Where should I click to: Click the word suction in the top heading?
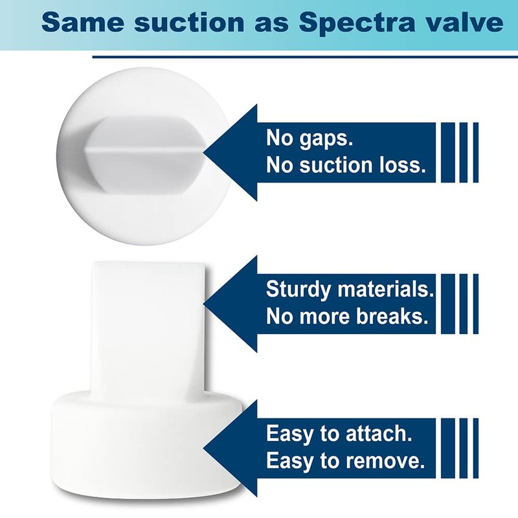pyautogui.click(x=188, y=23)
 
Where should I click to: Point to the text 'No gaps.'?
pyautogui.click(x=310, y=138)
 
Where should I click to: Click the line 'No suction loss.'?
pyautogui.click(x=346, y=165)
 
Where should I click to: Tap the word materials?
pyautogui.click(x=385, y=289)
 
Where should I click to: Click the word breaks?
pyautogui.click(x=392, y=316)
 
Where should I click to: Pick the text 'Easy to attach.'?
pyautogui.click(x=339, y=433)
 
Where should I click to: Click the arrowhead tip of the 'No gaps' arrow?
pyautogui.click(x=203, y=153)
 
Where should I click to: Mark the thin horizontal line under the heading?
pyautogui.click(x=305, y=57)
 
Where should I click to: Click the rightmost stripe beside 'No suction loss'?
pyautogui.click(x=476, y=153)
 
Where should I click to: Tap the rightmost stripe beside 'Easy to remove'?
pyautogui.click(x=476, y=448)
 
